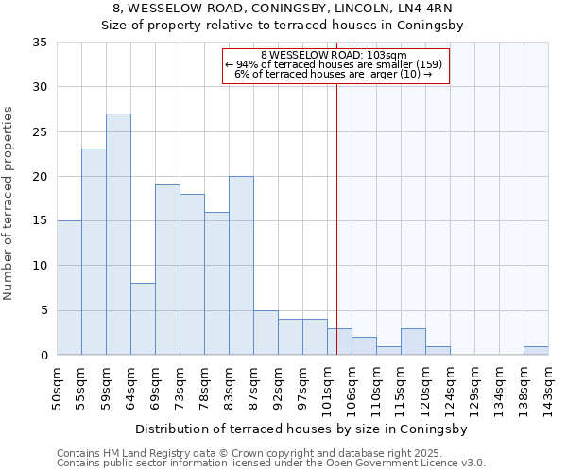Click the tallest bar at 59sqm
tap(118, 235)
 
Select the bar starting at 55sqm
tap(94, 252)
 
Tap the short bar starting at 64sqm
tap(143, 319)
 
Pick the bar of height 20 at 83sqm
tap(241, 266)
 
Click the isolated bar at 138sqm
tap(536, 351)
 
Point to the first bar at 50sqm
tap(69, 288)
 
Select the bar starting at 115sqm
tap(413, 342)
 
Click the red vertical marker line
tap(336, 208)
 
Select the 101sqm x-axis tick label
tap(328, 388)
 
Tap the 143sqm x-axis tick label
tap(549, 388)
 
